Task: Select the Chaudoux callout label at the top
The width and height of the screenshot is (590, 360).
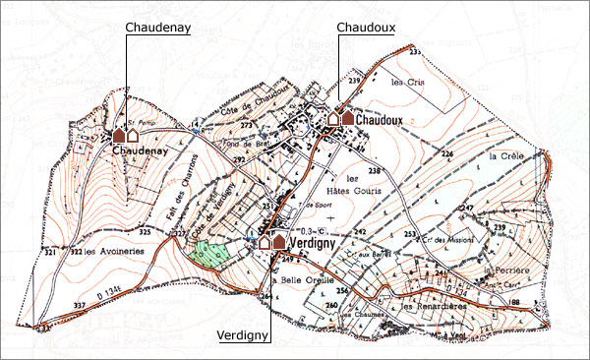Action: [x=366, y=27]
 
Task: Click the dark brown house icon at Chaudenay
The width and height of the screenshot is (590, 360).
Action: [x=117, y=134]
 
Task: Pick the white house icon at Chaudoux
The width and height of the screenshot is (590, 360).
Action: [x=333, y=117]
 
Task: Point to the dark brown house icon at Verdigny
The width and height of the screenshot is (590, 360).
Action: [x=278, y=241]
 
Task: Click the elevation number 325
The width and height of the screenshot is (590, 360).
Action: [x=146, y=231]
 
